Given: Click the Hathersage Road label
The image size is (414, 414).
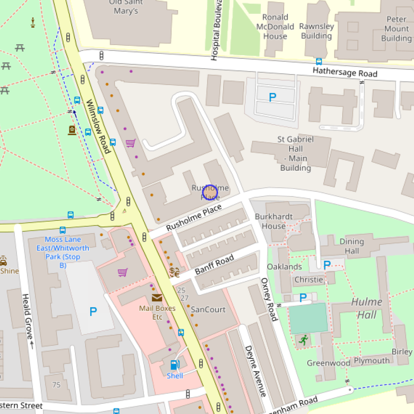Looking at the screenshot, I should tap(345, 72).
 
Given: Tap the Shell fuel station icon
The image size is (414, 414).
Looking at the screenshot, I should tap(174, 365).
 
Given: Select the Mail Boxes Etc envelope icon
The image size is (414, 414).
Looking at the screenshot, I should tap(157, 298).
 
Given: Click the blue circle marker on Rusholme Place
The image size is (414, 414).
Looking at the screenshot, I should tap(210, 192).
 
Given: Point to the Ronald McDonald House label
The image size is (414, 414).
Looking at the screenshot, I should tap(275, 27).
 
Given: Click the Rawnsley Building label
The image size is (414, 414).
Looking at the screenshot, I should tap(316, 31).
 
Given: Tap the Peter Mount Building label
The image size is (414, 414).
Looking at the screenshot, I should tap(396, 29).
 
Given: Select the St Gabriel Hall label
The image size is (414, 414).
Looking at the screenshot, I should tap(296, 153).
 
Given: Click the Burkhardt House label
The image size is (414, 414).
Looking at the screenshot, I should tap(273, 221).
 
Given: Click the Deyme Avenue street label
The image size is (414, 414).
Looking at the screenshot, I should tap(256, 371).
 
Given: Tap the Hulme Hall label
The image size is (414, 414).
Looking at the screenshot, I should tap(367, 308).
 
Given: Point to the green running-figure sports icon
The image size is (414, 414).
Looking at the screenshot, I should tap(303, 340).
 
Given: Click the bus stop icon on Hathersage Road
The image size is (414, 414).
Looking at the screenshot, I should tap(319, 61).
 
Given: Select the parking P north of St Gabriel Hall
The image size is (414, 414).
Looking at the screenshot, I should tap(272, 97).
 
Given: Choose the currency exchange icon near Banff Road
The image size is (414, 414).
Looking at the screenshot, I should tap(174, 272).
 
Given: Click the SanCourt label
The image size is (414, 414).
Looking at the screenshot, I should tap(208, 310).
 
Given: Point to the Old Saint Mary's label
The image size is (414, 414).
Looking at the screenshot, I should tap(126, 7).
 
